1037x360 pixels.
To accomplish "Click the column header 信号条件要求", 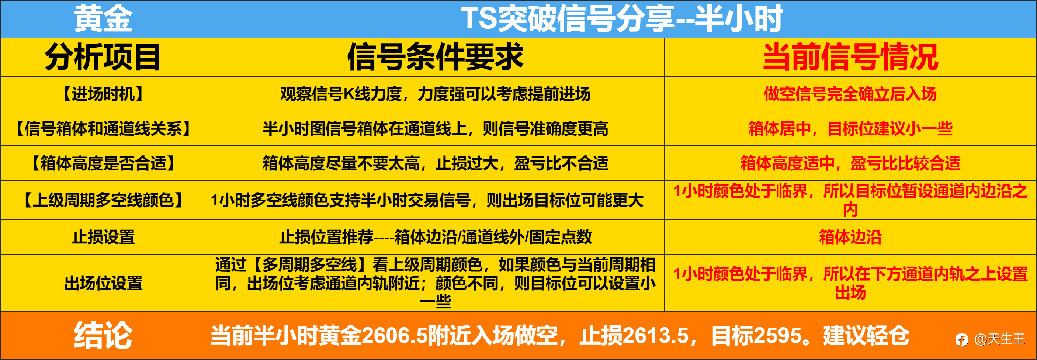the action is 435,57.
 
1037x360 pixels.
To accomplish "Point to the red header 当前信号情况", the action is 850,57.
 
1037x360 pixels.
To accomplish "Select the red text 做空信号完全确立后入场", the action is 850,94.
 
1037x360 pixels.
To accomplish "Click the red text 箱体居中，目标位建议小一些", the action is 850,128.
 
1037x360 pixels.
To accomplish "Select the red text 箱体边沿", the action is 850,237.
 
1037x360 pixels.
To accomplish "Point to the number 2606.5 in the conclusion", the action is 394,335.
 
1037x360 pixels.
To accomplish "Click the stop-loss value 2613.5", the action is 656,335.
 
